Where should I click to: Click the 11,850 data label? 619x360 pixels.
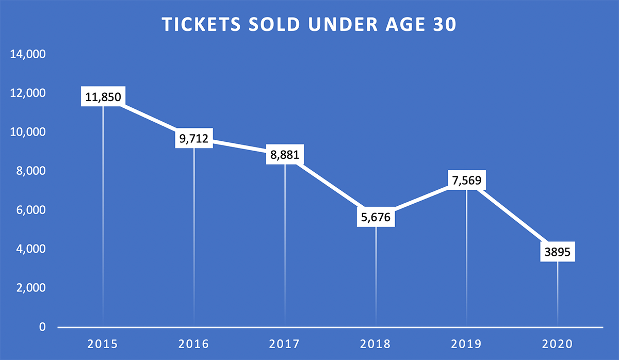(x=103, y=96)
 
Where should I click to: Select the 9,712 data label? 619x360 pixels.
(x=194, y=139)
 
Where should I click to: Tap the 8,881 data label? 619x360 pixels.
(x=285, y=155)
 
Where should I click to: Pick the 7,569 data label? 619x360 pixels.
(x=467, y=181)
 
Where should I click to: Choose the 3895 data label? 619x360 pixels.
(x=557, y=252)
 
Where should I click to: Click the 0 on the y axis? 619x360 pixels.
(x=41, y=327)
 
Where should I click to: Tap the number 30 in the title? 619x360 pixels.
(x=444, y=25)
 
